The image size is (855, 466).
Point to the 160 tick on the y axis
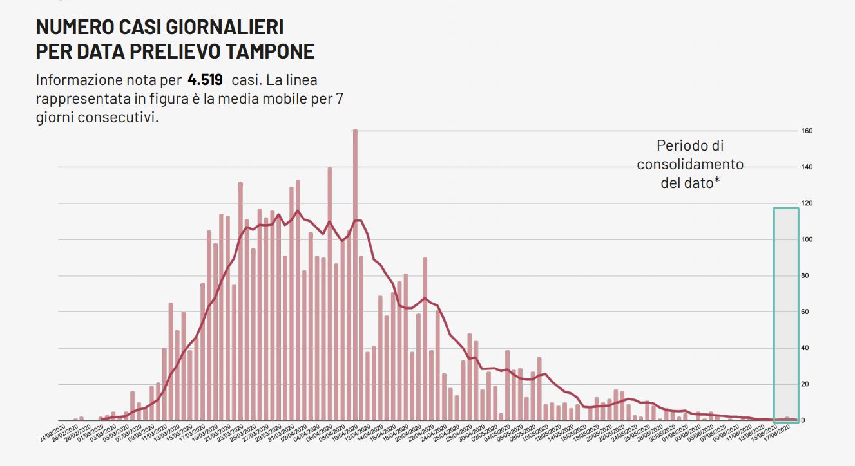807,131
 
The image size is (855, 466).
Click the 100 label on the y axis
807,240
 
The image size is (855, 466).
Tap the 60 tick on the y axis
807,312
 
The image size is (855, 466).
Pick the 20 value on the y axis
807,384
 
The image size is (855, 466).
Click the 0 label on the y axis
803,421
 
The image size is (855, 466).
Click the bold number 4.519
205,80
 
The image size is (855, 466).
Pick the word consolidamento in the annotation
690,164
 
